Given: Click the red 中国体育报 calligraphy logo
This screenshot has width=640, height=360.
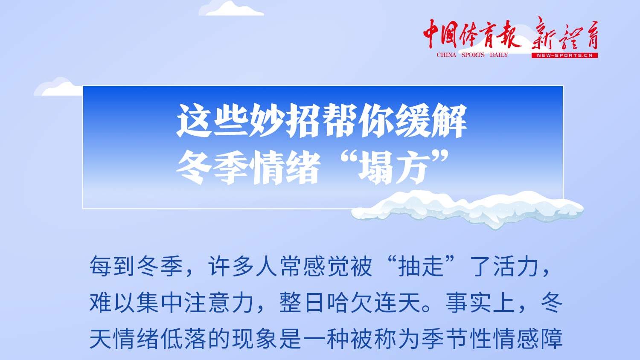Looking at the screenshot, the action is coord(471,34).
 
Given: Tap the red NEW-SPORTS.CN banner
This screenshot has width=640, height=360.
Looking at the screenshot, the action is coord(564,55).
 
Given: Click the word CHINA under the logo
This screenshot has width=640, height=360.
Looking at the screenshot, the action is coord(446,55).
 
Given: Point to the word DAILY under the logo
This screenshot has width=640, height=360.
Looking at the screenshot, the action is coord(499,55).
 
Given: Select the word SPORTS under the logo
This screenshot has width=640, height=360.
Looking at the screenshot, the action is coord(473,55).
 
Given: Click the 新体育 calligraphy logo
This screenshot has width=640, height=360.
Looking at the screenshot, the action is coord(564,34).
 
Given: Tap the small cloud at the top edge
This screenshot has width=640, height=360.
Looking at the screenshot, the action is coord(231,9).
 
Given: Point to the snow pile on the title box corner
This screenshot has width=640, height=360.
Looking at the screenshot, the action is coord(467,209).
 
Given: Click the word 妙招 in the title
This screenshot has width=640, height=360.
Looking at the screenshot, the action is coord(268,121).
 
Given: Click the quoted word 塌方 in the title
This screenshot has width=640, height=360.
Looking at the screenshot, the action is coord(394,167).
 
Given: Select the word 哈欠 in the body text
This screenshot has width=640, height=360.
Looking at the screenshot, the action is coord(350,303).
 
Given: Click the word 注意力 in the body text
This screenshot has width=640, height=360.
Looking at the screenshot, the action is coord(219,303).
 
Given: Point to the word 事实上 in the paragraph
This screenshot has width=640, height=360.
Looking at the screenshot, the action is coord(480,303).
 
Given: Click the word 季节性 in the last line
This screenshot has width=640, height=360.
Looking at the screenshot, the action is coord(457,339).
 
